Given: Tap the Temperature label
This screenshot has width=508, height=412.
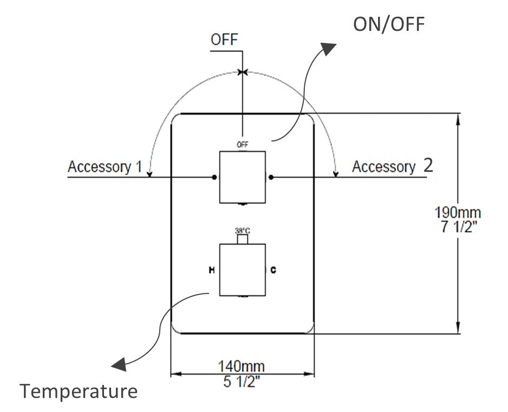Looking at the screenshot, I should (x=79, y=391).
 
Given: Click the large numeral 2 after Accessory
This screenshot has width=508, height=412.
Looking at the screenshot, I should (x=428, y=165).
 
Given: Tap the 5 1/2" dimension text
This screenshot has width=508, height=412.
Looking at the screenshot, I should (x=242, y=381).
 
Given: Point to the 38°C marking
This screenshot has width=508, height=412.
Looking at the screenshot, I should (x=242, y=230).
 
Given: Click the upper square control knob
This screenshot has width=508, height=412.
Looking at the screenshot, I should (x=242, y=177).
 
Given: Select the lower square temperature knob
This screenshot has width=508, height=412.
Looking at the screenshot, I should (x=242, y=269).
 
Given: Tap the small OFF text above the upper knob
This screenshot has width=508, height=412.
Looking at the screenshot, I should (x=242, y=144).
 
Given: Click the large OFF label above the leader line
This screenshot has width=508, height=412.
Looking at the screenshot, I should (x=224, y=40).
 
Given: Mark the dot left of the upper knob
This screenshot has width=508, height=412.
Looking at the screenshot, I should (x=215, y=177).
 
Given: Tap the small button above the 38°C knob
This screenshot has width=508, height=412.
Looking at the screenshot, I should (x=243, y=239).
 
